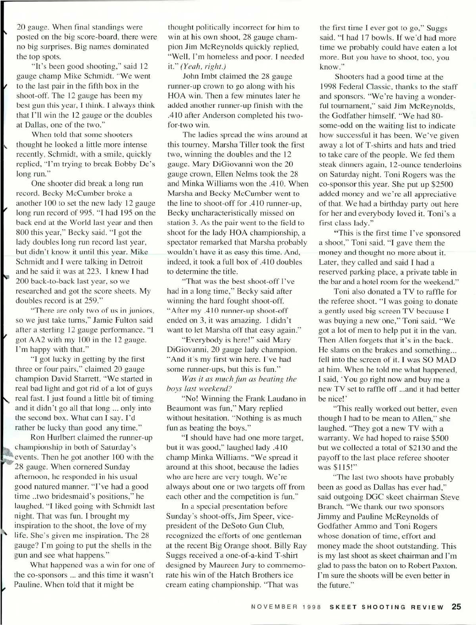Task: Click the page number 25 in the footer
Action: [455, 607]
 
